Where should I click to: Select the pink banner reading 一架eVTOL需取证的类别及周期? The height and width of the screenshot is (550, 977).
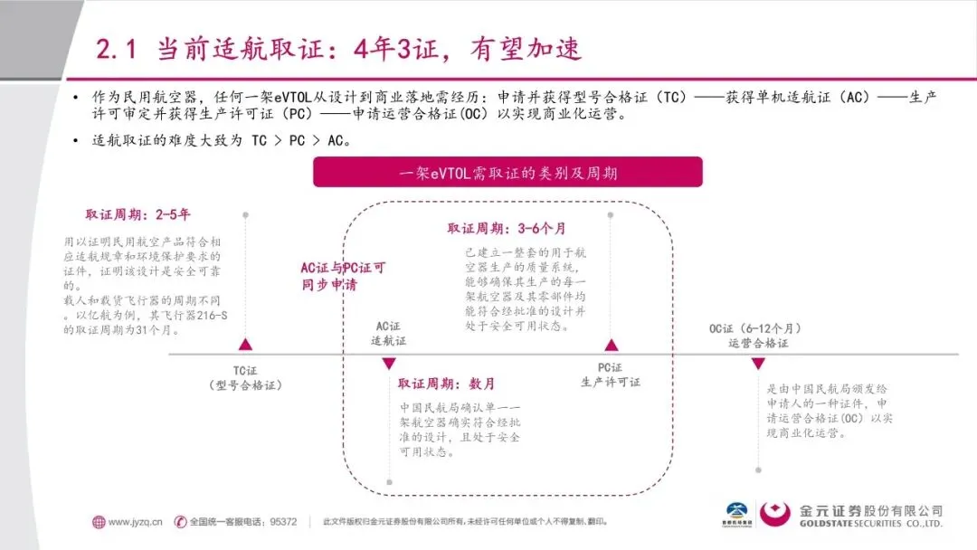[507, 172]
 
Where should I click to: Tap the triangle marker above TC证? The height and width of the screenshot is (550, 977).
[243, 344]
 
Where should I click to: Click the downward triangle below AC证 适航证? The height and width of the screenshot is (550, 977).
[389, 364]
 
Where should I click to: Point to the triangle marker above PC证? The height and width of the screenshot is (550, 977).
[611, 344]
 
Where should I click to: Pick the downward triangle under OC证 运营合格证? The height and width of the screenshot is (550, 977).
[758, 364]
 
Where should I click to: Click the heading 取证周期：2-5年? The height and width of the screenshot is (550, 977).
[138, 215]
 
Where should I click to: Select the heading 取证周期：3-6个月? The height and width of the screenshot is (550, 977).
[507, 229]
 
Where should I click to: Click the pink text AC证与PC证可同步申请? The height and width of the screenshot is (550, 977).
[343, 276]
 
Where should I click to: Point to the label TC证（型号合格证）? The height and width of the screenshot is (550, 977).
[245, 377]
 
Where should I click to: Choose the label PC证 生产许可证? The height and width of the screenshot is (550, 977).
[610, 375]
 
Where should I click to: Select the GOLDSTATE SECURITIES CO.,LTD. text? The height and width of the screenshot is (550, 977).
[871, 524]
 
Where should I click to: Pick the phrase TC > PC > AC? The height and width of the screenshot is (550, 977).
[295, 141]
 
